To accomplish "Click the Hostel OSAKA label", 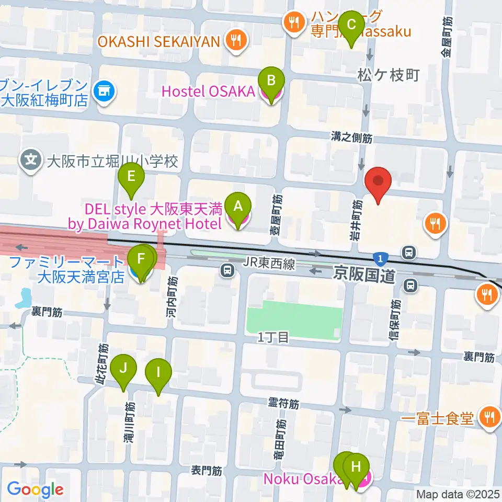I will pyautogui.click(x=208, y=92).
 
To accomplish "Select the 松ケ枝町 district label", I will pyautogui.click(x=388, y=75).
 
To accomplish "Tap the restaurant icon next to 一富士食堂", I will pyautogui.click(x=489, y=417).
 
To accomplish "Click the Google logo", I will pyautogui.click(x=35, y=489).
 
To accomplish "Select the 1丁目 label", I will pyautogui.click(x=273, y=338).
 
